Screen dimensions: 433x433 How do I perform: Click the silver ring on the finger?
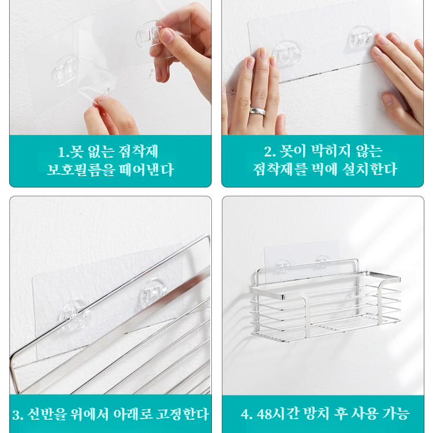(258, 110)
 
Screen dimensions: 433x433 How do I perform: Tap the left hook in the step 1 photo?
(65, 72)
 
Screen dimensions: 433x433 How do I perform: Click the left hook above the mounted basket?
(283, 265)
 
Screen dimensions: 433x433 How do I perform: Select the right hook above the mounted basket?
(322, 263)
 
